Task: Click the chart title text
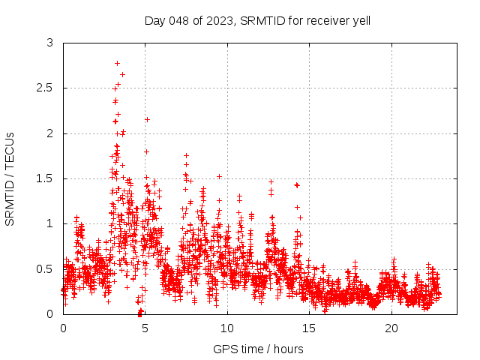257,20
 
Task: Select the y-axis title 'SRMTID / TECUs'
10,178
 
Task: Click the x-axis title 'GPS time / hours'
257,349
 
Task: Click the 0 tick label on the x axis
63,328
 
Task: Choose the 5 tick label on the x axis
145,328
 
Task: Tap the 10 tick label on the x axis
227,328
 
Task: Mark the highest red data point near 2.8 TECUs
117,63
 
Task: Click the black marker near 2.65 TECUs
122,74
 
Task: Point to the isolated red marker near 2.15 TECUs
147,119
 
